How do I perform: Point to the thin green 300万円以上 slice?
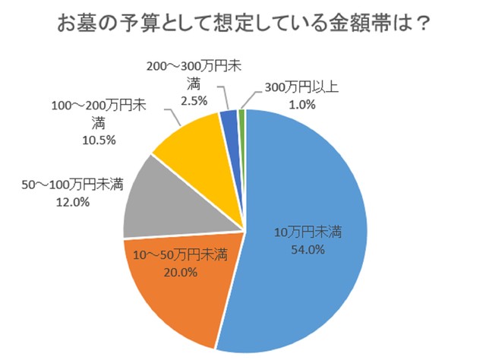pyautogui.click(x=241, y=115)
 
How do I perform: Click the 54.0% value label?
pyautogui.click(x=308, y=249)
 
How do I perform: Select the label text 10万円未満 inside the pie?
pyautogui.click(x=308, y=233)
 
